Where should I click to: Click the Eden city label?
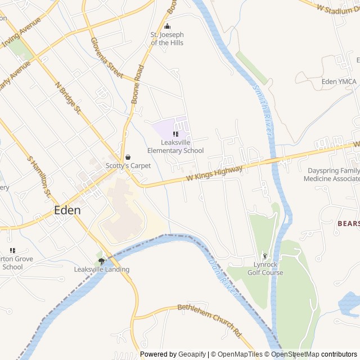[67, 210]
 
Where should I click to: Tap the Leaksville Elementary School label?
[175, 147]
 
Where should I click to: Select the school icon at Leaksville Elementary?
[175, 134]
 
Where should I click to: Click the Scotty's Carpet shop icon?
[128, 157]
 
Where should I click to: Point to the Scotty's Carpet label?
[128, 166]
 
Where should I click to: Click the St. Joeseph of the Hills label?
[167, 39]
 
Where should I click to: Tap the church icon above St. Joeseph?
[167, 26]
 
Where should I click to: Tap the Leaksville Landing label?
[102, 269]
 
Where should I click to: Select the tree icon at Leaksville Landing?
[102, 260]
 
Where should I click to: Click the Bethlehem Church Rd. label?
[209, 320]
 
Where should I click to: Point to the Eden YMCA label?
[339, 82]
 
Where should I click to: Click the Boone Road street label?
[137, 84]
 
